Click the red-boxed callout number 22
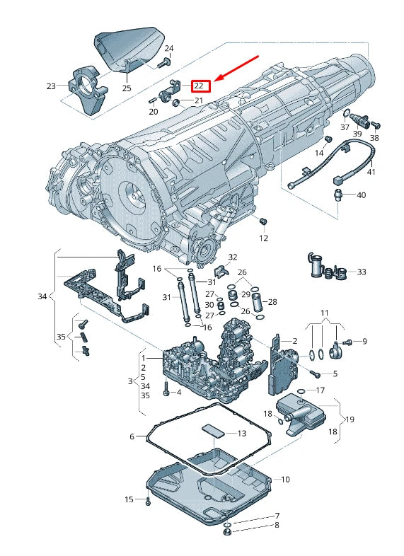click(201, 86)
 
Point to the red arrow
click(238, 68)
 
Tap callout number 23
click(52, 86)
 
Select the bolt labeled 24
click(163, 64)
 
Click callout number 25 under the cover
click(127, 88)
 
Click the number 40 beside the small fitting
click(361, 195)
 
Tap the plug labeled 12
click(263, 221)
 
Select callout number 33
click(361, 272)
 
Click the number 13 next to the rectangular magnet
click(241, 434)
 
